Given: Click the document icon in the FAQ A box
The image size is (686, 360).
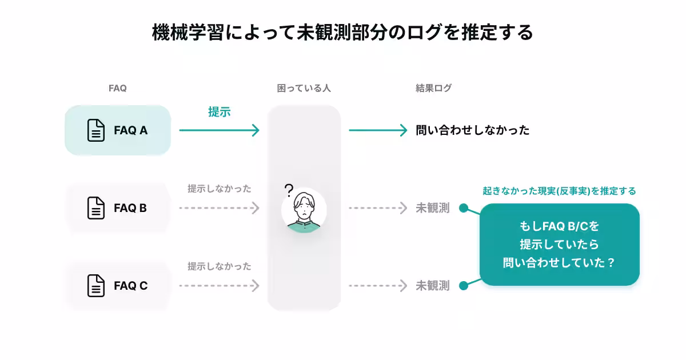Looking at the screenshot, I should [96, 130].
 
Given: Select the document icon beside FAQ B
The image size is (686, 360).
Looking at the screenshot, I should [96, 208].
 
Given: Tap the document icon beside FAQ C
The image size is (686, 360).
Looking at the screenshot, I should [96, 286].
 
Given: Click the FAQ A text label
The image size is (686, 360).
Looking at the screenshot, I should [130, 130].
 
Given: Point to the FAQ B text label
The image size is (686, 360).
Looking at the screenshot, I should [130, 208].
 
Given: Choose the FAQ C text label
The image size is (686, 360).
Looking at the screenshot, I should [130, 286].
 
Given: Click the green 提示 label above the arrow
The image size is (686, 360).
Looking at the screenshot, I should [219, 112].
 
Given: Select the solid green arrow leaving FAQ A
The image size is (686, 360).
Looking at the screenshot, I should [219, 130].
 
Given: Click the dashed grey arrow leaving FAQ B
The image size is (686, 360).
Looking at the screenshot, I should [219, 208].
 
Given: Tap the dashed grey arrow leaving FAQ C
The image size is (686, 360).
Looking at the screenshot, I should [219, 286].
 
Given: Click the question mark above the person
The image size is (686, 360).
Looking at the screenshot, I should [289, 190].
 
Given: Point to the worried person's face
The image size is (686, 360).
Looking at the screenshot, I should [304, 207].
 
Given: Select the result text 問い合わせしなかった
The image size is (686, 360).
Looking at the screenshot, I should [473, 130].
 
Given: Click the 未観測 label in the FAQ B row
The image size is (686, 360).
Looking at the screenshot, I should [432, 208].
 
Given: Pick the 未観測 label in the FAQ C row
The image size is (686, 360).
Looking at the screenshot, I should [432, 286].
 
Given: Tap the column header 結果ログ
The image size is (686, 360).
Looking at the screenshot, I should [433, 89].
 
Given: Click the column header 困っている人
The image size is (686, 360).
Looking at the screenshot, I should [304, 89].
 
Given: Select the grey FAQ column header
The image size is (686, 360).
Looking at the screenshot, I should [117, 89].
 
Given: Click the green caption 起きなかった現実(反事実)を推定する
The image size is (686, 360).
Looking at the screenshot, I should [559, 191].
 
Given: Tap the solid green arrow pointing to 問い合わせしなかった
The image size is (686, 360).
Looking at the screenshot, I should [378, 130].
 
